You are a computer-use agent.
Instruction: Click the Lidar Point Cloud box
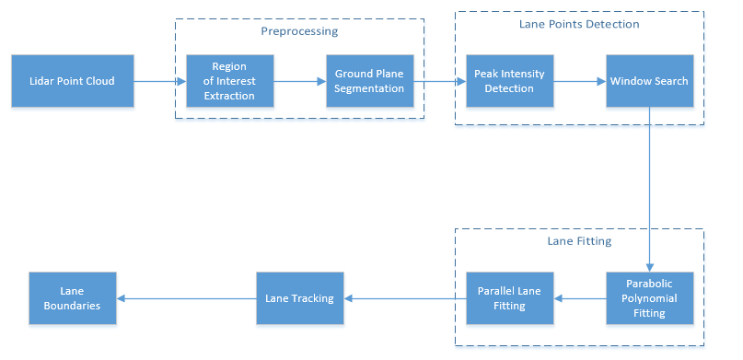pyautogui.click(x=73, y=81)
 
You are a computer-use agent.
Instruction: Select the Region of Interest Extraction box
pyautogui.click(x=230, y=81)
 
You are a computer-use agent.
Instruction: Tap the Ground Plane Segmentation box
pyautogui.click(x=369, y=81)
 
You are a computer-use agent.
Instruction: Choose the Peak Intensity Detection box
pyautogui.click(x=509, y=81)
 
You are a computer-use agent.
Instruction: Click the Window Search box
pyautogui.click(x=650, y=81)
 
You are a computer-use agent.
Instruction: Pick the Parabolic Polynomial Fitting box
pyautogui.click(x=650, y=298)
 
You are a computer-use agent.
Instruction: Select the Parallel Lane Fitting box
pyautogui.click(x=509, y=298)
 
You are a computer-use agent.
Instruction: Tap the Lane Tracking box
pyautogui.click(x=300, y=298)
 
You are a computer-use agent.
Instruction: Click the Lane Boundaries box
pyautogui.click(x=73, y=298)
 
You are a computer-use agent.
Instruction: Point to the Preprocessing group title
pyautogui.click(x=299, y=31)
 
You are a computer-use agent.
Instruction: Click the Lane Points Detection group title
pyautogui.click(x=579, y=24)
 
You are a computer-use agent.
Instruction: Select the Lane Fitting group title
pyautogui.click(x=579, y=241)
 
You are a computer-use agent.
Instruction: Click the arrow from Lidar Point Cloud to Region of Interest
pyautogui.click(x=160, y=81)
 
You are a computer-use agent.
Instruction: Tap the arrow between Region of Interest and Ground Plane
pyautogui.click(x=300, y=81)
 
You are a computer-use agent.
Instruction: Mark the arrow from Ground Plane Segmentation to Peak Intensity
pyautogui.click(x=440, y=81)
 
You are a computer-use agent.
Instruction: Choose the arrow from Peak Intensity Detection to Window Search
pyautogui.click(x=579, y=81)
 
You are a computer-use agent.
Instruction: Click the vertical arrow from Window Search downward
pyautogui.click(x=650, y=190)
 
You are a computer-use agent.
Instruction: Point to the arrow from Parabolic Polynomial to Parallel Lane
pyautogui.click(x=579, y=298)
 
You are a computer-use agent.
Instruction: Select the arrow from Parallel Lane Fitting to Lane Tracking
pyautogui.click(x=405, y=298)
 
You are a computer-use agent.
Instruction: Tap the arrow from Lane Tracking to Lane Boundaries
pyautogui.click(x=186, y=298)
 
